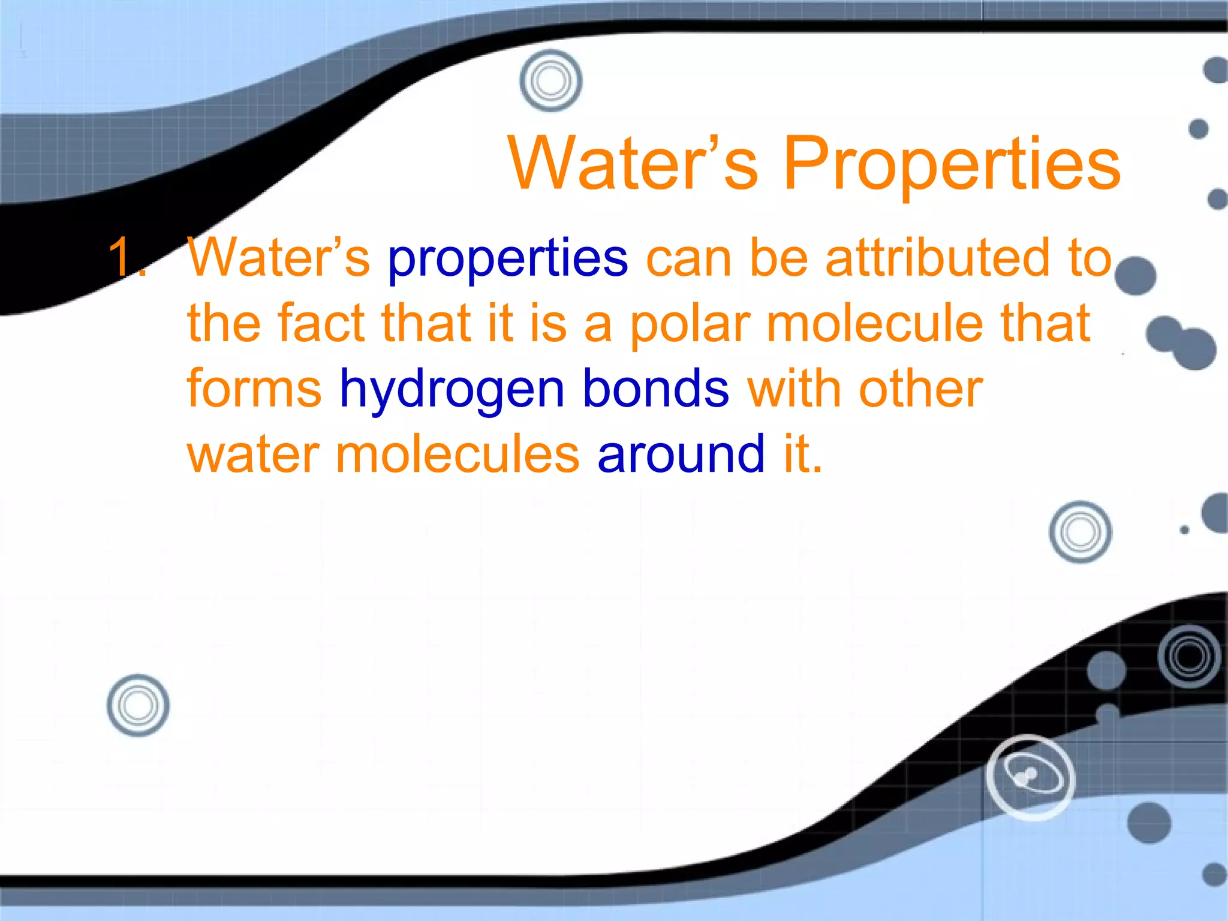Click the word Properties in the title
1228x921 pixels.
(952, 163)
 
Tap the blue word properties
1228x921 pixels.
(508, 258)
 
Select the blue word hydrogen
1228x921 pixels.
(452, 390)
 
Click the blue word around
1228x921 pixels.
(681, 454)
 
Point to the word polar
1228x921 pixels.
(690, 324)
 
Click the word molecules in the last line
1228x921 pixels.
(458, 454)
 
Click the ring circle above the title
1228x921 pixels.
(550, 80)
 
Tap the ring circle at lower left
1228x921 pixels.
(138, 705)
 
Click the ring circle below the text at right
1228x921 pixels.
(1080, 532)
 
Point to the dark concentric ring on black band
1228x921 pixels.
(1190, 656)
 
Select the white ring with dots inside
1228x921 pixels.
(1031, 777)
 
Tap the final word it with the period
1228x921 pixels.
(803, 454)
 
